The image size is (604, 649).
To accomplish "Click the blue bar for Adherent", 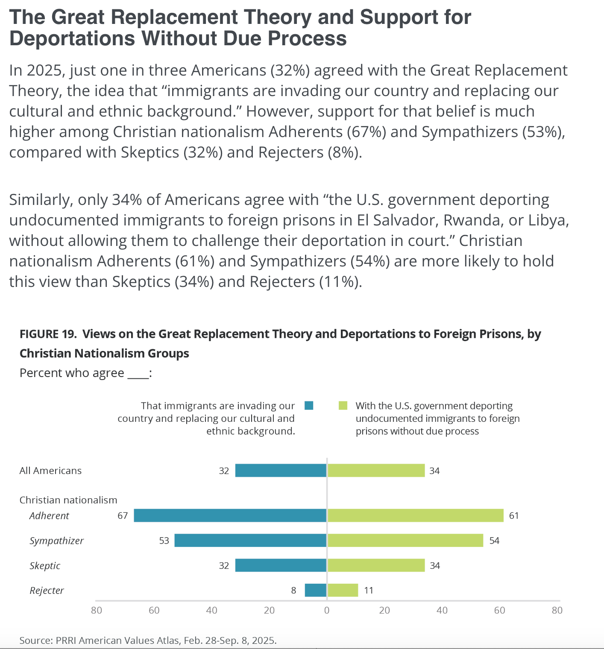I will (230, 515).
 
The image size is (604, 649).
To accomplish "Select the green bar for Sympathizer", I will (405, 541).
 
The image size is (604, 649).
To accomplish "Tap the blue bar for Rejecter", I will (316, 591).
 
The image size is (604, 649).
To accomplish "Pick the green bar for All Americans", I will (376, 471).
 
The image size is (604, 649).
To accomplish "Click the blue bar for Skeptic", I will (281, 565).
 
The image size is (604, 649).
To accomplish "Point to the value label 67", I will (123, 516).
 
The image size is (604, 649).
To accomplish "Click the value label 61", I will (514, 516).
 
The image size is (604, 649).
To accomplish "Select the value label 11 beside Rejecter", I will (369, 591).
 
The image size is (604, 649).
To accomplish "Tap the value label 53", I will (164, 541).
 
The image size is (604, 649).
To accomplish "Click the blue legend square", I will (309, 406).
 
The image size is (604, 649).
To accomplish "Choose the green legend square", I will (343, 406).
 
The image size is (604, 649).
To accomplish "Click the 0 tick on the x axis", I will (327, 611).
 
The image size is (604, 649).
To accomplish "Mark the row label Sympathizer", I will (56, 541).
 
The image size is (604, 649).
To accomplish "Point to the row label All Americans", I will (50, 471).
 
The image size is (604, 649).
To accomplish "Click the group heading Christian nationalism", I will (68, 500).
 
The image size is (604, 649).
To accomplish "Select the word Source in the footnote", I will (34, 640).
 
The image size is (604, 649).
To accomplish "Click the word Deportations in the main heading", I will (72, 38).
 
